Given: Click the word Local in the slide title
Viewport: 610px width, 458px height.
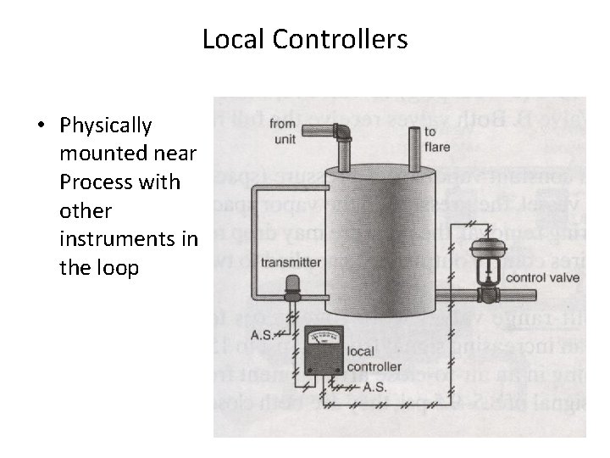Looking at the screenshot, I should [x=226, y=39].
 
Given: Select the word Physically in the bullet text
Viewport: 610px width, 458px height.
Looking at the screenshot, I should [x=106, y=126].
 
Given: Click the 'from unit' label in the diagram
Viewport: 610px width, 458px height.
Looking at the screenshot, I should [x=284, y=131].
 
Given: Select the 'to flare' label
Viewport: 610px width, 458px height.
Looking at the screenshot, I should [x=436, y=139].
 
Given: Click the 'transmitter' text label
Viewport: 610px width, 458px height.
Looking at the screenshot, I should [x=290, y=262].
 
